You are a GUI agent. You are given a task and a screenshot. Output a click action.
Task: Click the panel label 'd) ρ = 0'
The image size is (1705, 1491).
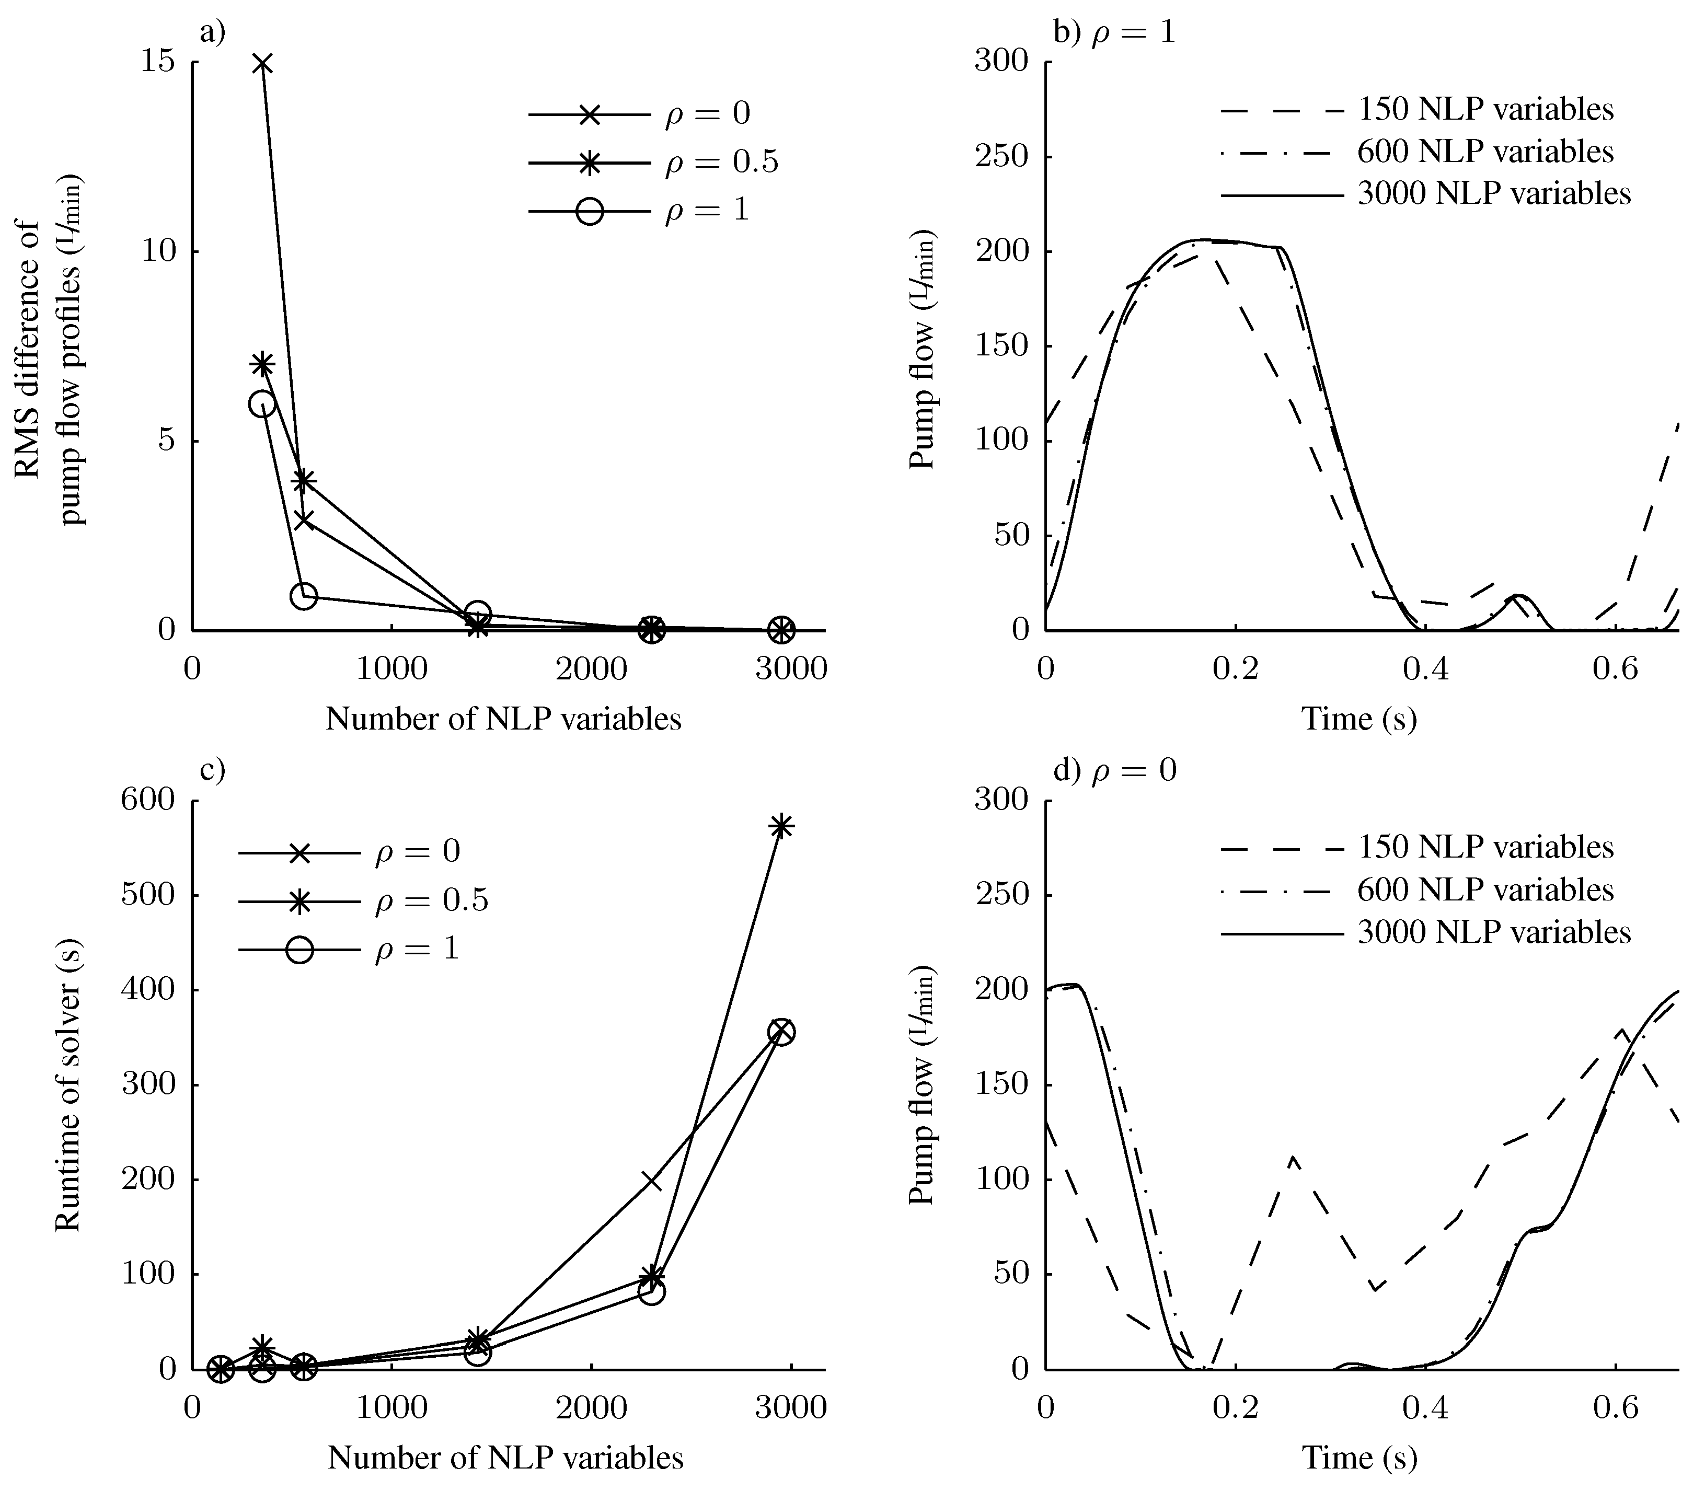1115,770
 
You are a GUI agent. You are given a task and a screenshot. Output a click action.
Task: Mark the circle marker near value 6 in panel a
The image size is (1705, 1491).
262,403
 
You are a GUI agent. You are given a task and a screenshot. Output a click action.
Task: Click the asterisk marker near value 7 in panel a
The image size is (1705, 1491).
262,364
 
